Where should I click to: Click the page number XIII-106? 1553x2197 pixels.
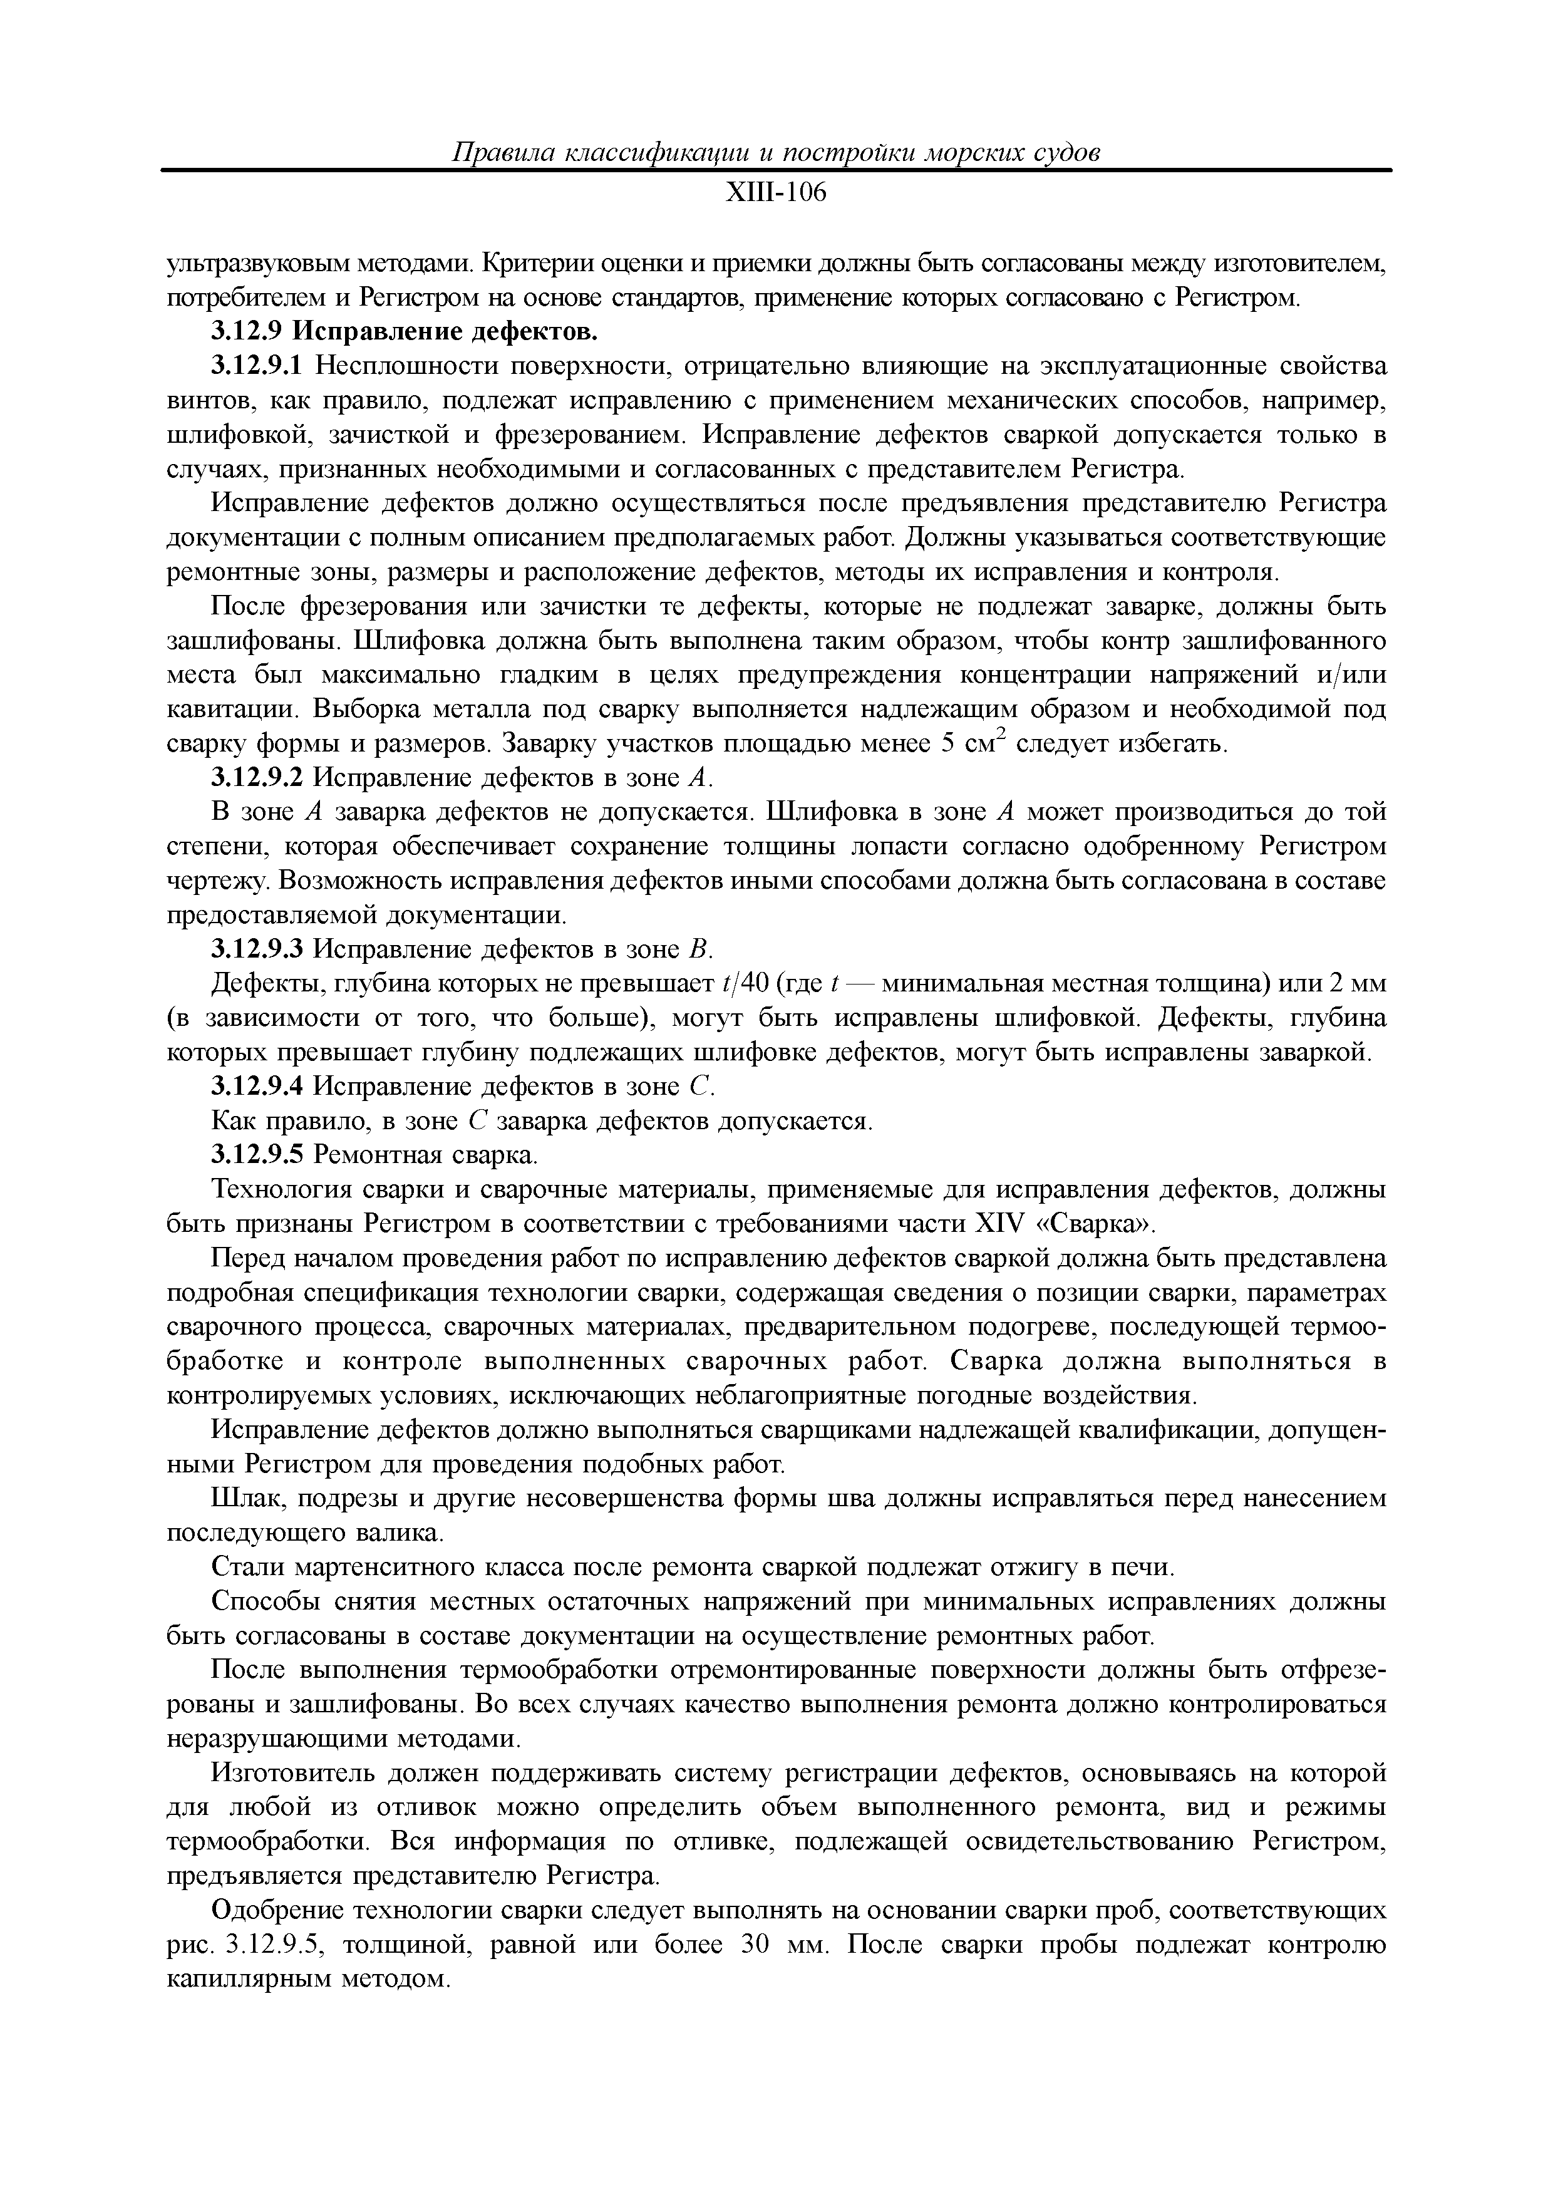[x=775, y=194]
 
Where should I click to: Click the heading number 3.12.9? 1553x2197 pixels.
[x=247, y=332]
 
